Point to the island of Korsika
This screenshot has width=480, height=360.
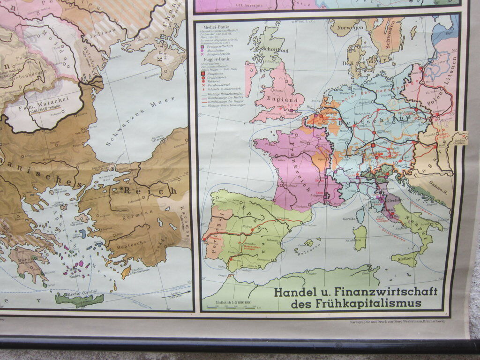click(x=360, y=216)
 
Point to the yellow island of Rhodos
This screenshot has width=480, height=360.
click(x=126, y=272)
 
